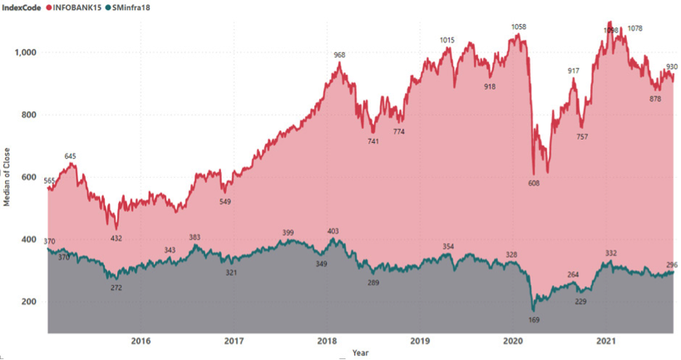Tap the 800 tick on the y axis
(32, 115)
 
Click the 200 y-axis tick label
(32, 302)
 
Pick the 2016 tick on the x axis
(141, 340)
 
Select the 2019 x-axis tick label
(420, 340)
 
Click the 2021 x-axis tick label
(606, 340)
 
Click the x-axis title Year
(360, 353)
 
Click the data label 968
(339, 56)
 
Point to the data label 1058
(519, 27)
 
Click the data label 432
(116, 239)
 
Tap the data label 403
(333, 231)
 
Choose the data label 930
(671, 67)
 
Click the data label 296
(671, 265)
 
